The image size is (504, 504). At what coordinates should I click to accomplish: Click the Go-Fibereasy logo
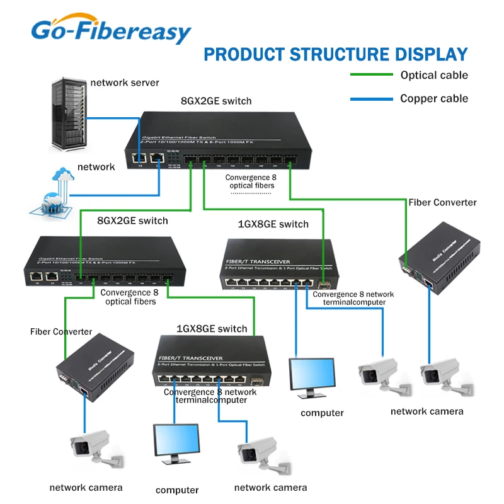click(111, 30)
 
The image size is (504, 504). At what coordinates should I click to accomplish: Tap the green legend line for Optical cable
click(370, 76)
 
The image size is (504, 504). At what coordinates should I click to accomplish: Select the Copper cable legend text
click(434, 98)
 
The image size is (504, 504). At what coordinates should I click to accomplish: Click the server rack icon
click(67, 114)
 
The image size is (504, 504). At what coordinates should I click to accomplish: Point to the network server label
click(125, 83)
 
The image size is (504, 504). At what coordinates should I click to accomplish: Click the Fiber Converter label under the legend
click(442, 202)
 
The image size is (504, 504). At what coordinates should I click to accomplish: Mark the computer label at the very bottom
click(177, 490)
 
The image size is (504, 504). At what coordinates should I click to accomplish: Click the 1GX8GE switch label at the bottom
click(212, 328)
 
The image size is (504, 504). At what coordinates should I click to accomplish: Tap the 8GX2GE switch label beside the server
click(216, 101)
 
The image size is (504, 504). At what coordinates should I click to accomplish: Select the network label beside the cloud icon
click(96, 167)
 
